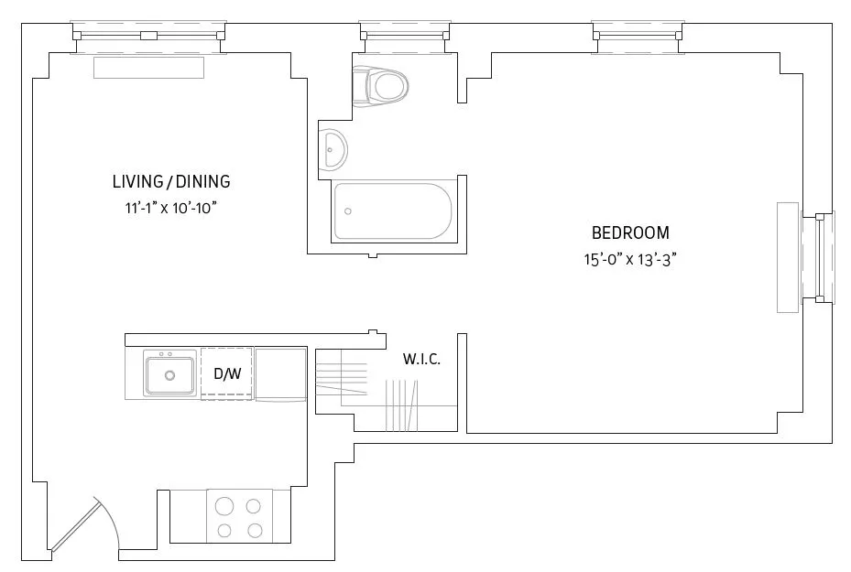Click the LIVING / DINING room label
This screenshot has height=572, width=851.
pyautogui.click(x=171, y=181)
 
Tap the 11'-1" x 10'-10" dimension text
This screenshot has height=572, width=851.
pyautogui.click(x=171, y=208)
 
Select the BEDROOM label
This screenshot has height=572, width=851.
pyautogui.click(x=630, y=232)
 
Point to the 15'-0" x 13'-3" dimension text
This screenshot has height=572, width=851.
pyautogui.click(x=630, y=259)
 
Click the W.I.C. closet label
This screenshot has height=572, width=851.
pyautogui.click(x=421, y=360)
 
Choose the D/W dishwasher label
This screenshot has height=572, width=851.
pyautogui.click(x=226, y=373)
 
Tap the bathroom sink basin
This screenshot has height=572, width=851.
pyautogui.click(x=333, y=148)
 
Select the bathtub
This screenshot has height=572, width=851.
pyautogui.click(x=394, y=211)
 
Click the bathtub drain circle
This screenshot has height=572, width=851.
pyautogui.click(x=348, y=211)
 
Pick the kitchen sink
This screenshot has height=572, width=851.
pyautogui.click(x=170, y=374)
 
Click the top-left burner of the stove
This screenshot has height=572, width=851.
pyautogui.click(x=224, y=504)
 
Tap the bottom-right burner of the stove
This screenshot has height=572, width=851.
pyautogui.click(x=256, y=530)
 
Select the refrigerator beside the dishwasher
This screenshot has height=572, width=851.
pyautogui.click(x=280, y=373)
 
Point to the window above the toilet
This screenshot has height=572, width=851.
pyautogui.click(x=405, y=36)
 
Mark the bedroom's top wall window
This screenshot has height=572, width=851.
pyautogui.click(x=638, y=36)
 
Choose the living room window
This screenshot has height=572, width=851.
pyautogui.click(x=147, y=36)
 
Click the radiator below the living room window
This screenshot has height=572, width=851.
pyautogui.click(x=147, y=69)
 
